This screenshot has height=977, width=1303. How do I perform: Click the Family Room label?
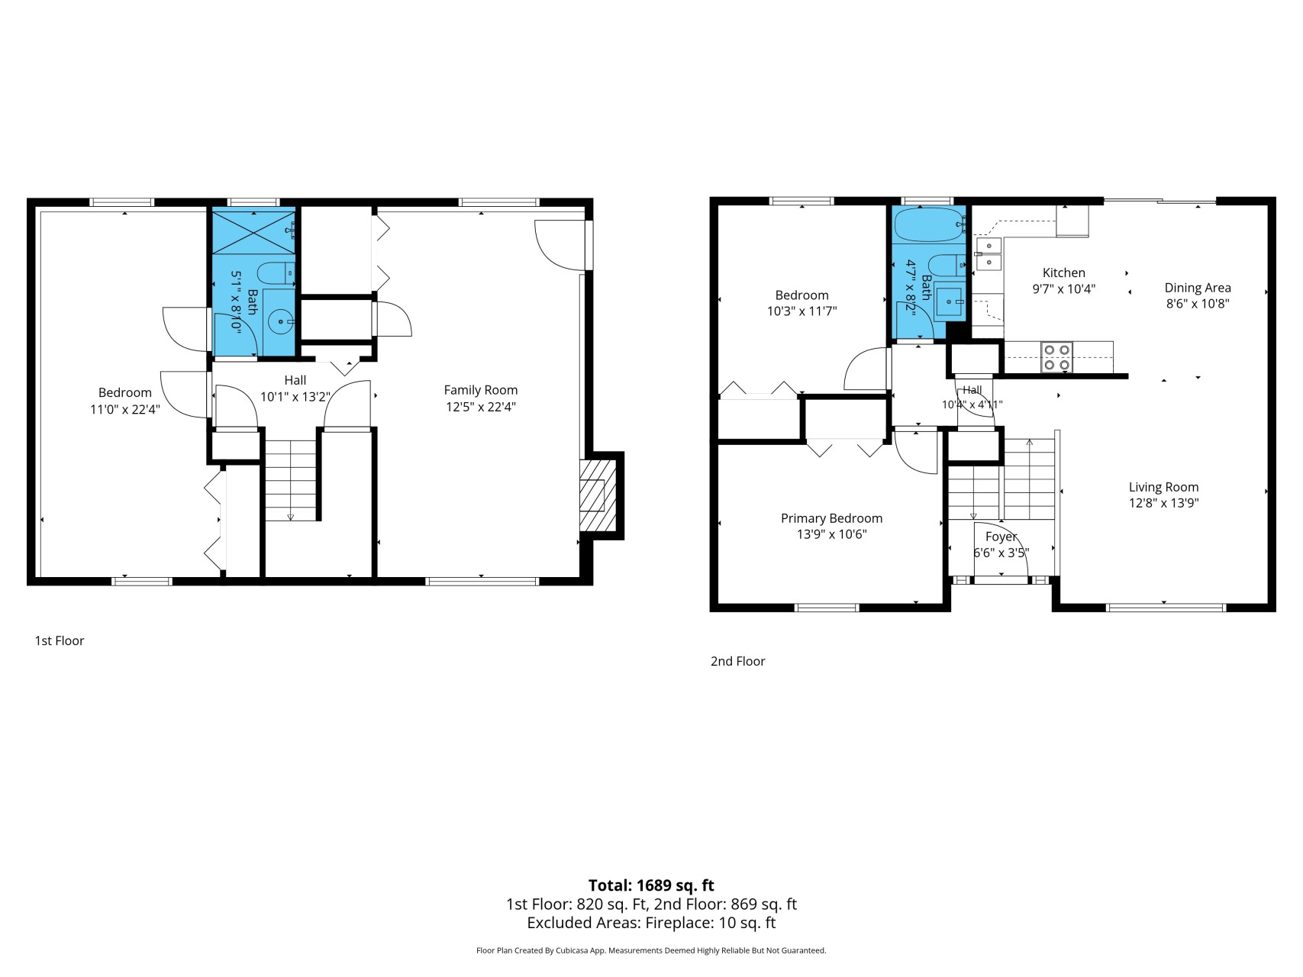click(x=481, y=390)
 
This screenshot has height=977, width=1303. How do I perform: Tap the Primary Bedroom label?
click(x=831, y=518)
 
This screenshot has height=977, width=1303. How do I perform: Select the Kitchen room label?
click(x=1063, y=272)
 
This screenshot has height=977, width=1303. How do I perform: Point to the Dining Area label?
click(x=1198, y=288)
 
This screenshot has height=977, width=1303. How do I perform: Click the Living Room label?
click(x=1163, y=487)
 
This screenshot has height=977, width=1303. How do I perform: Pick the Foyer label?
click(x=1001, y=537)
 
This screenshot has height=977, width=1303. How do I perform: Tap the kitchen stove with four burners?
click(x=1057, y=357)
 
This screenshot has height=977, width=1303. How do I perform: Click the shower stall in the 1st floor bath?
click(x=253, y=231)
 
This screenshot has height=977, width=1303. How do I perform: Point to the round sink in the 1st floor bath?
click(x=282, y=322)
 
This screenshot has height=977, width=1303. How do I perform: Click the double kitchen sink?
click(x=989, y=253)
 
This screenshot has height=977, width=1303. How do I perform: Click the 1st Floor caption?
click(x=60, y=640)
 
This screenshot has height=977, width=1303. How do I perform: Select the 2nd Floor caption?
click(x=737, y=661)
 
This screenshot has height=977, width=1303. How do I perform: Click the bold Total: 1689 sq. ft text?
click(x=651, y=885)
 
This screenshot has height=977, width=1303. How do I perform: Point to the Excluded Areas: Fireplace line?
click(x=651, y=923)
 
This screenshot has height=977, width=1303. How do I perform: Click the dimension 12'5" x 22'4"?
click(x=481, y=407)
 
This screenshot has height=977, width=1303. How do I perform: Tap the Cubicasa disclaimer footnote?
click(x=651, y=951)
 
